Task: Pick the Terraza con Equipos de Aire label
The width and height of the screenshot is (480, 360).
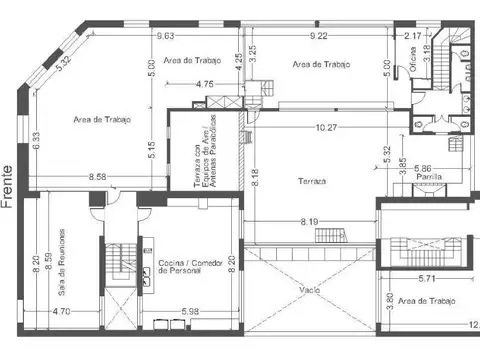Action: pos(205,158)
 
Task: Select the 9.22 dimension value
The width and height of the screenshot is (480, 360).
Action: pos(319,36)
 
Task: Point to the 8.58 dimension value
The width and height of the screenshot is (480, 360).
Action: pos(98,177)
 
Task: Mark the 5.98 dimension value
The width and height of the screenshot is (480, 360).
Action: pos(191,311)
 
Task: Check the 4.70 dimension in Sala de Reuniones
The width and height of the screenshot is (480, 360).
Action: pos(62,311)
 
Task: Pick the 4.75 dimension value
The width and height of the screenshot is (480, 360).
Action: pos(205,84)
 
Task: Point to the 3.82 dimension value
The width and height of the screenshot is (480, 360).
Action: pos(388,300)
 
